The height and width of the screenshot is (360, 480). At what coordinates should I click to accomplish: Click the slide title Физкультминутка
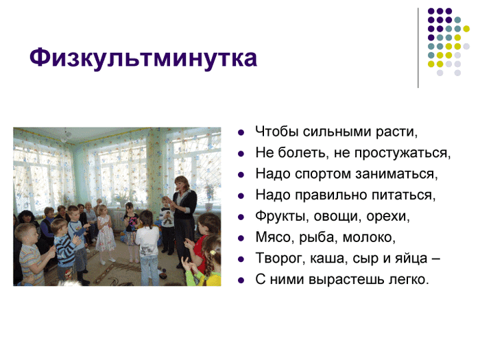point(143,58)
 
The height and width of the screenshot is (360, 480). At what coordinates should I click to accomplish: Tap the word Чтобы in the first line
point(277,132)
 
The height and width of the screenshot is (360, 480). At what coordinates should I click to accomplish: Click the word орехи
point(388,217)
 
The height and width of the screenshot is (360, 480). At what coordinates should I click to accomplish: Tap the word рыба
point(318,237)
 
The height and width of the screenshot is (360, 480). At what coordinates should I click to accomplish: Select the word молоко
point(369,237)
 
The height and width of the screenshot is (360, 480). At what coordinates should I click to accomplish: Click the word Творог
point(280,259)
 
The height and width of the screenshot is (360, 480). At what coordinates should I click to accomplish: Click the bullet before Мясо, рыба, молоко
point(241,238)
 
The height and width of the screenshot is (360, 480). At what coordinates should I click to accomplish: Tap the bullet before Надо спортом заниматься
point(241,175)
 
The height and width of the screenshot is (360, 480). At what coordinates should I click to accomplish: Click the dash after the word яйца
point(436,260)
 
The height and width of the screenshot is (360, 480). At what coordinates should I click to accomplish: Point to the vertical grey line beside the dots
point(418,48)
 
